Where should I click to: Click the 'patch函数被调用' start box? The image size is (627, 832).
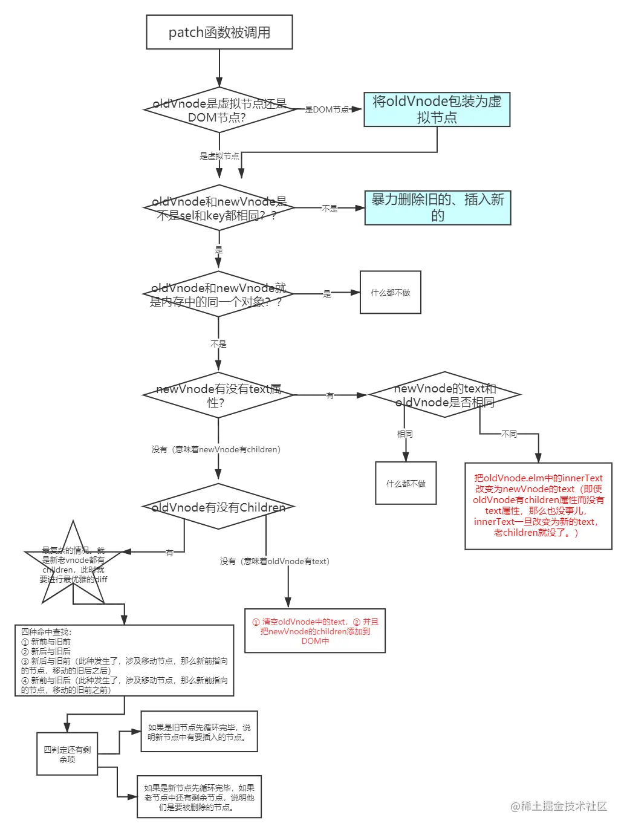pyautogui.click(x=219, y=33)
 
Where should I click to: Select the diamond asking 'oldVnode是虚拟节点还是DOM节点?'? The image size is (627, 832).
pyautogui.click(x=218, y=110)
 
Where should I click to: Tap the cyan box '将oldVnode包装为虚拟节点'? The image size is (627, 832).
pyautogui.click(x=437, y=109)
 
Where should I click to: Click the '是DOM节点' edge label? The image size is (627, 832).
pyautogui.click(x=327, y=109)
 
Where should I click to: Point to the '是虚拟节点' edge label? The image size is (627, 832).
pyautogui.click(x=219, y=156)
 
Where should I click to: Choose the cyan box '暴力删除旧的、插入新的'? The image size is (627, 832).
pyautogui.click(x=437, y=207)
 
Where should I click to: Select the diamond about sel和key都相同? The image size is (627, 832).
pyautogui.click(x=218, y=208)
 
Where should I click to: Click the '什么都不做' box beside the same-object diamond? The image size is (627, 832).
pyautogui.click(x=390, y=292)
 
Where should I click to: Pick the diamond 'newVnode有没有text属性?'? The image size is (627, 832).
pyautogui.click(x=218, y=395)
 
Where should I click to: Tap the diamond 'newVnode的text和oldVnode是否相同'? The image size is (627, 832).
pyautogui.click(x=444, y=395)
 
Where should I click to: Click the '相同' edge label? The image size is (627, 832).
pyautogui.click(x=405, y=434)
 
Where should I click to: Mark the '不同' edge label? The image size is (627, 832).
pyautogui.click(x=509, y=434)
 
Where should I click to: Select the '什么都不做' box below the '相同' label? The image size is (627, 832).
pyautogui.click(x=406, y=483)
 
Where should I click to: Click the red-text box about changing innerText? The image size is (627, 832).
pyautogui.click(x=538, y=505)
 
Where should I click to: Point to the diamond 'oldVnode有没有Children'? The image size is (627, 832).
pyautogui.click(x=218, y=507)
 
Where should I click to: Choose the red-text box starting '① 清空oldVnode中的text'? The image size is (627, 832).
pyautogui.click(x=314, y=631)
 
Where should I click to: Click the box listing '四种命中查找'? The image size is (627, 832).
pyautogui.click(x=125, y=660)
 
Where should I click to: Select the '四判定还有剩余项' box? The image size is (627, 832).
pyautogui.click(x=67, y=753)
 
